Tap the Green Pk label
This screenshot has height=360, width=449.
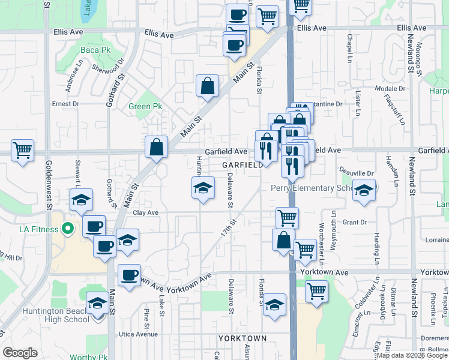[145, 107]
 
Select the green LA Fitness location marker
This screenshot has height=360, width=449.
[67, 229]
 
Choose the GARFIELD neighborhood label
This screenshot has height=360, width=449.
[243, 164]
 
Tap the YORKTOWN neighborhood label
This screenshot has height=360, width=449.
[243, 338]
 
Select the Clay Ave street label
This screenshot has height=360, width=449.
[145, 212]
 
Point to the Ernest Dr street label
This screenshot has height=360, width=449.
[65, 103]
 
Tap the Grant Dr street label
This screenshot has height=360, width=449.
[354, 222]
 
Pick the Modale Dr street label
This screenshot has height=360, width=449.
[390, 88]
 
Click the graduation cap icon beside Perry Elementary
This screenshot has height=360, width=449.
[364, 189]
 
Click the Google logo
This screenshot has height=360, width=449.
[20, 353]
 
